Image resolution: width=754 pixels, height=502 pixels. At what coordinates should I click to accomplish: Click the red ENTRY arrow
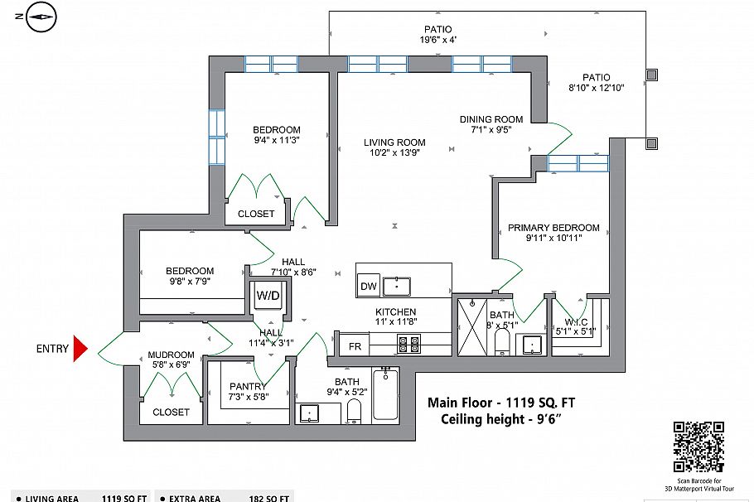coord(80,349)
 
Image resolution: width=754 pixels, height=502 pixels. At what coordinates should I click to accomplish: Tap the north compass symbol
coord(41,17)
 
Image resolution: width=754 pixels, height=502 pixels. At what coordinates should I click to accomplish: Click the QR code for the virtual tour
coord(698,446)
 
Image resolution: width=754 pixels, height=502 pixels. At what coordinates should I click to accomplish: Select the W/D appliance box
coord(268,295)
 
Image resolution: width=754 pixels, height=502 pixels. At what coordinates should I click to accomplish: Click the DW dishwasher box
coord(368,287)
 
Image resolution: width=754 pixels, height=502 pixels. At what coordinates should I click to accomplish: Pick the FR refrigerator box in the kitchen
coord(354,345)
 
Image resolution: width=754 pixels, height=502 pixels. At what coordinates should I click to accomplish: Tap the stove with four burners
coord(408,344)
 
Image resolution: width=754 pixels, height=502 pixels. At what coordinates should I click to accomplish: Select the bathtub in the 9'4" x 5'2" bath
coord(385,396)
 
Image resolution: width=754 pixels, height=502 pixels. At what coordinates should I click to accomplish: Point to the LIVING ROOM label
coord(394,142)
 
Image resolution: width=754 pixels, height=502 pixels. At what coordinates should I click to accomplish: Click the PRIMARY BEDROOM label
coord(553,228)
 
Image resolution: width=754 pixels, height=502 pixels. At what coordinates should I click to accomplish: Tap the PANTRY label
coord(248,387)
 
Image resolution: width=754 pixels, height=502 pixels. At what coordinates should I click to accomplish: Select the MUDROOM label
coord(171,355)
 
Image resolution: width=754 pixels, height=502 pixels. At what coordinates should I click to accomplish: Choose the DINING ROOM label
coord(491,119)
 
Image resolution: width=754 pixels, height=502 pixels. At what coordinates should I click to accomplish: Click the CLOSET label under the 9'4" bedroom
coord(256,214)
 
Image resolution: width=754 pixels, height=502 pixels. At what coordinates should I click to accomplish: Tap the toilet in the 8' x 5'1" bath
coord(501,340)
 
